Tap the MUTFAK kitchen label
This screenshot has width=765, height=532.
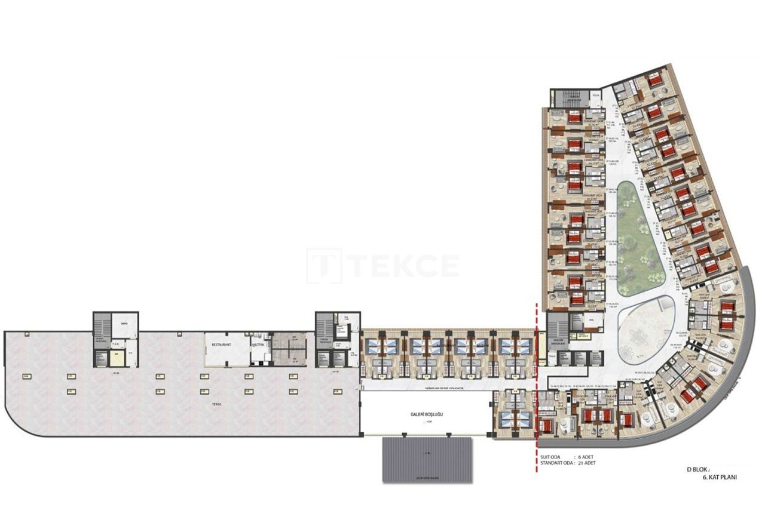(258, 346)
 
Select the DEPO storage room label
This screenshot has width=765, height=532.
(124, 323)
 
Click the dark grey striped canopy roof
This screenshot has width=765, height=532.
(427, 459)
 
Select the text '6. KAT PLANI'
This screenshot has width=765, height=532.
(721, 478)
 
